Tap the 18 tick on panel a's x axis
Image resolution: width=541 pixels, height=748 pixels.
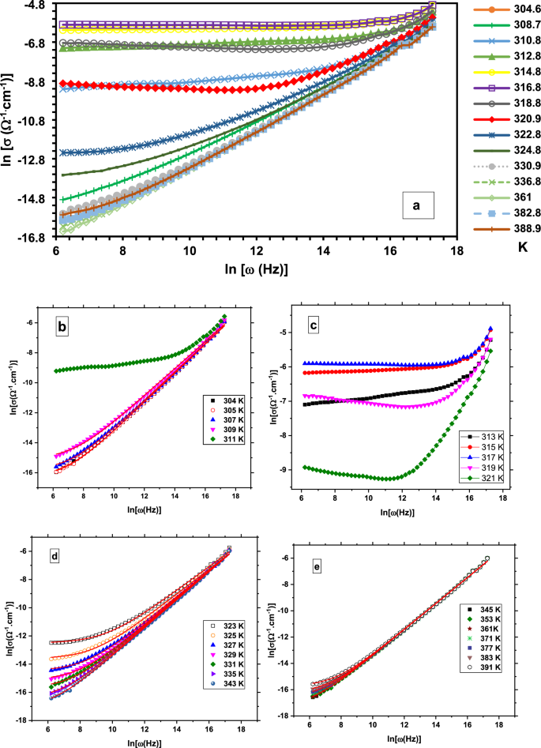tap(456, 251)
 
